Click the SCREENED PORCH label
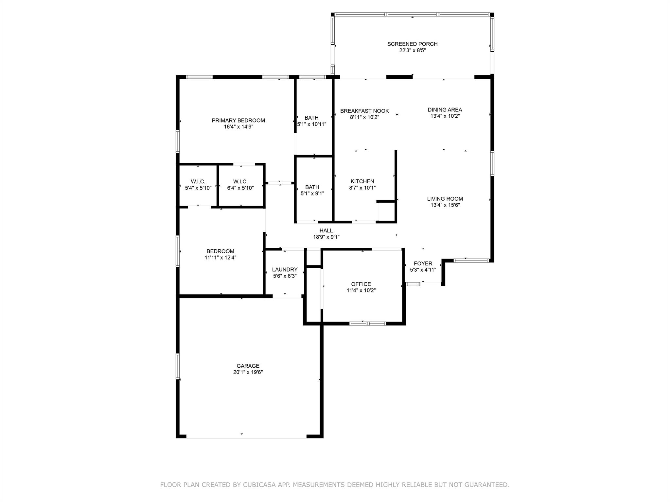coord(412,44)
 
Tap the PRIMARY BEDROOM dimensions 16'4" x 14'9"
coord(238,127)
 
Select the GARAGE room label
coord(248,366)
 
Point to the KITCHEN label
coord(362,181)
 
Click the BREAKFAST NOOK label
coord(364,111)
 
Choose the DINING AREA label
coord(445,109)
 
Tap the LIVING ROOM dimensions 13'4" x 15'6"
coord(445,205)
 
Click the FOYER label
coord(423,263)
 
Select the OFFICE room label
coord(361,284)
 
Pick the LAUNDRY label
coord(285,270)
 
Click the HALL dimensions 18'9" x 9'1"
coord(326,237)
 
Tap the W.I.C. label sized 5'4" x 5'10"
coord(198,181)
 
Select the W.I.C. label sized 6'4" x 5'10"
coord(240,181)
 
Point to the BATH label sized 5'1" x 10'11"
coord(311,118)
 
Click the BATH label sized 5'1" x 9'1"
coord(312,187)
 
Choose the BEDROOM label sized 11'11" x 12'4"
coord(220,251)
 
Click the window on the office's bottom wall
coord(368,324)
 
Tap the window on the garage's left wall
coord(178,366)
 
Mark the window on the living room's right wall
coord(492,163)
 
